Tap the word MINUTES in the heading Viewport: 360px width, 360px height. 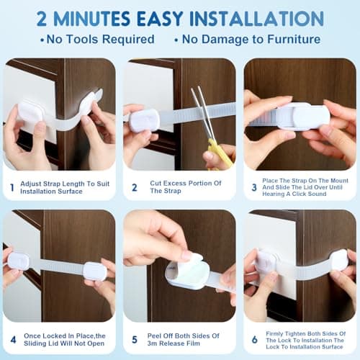[107, 17]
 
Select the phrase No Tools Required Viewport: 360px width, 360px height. [97, 39]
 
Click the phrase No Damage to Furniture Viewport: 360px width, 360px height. [251, 39]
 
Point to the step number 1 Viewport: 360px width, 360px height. [11, 188]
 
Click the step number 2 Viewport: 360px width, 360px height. [134, 188]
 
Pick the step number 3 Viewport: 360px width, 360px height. [253, 188]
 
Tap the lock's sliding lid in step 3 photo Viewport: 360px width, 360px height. [303, 116]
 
